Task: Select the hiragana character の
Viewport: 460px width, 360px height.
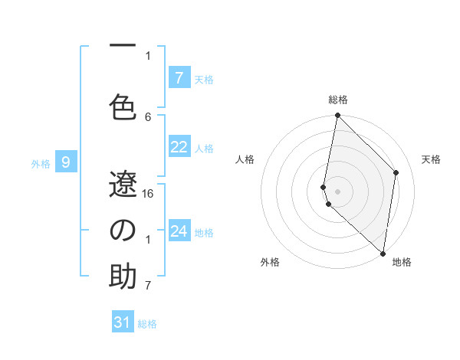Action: tap(123, 230)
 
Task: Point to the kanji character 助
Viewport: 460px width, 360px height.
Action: tap(123, 277)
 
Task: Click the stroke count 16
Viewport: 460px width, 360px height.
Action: tap(148, 193)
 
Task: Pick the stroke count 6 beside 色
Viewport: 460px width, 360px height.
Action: tap(148, 116)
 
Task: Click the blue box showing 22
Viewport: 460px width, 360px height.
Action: tap(179, 147)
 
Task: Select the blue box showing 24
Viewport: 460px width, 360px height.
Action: tap(179, 231)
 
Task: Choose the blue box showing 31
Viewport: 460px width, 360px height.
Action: tap(123, 322)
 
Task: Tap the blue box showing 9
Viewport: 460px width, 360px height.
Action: tap(67, 162)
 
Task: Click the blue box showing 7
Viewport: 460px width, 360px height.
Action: tap(179, 78)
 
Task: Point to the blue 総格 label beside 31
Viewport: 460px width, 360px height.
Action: tap(148, 324)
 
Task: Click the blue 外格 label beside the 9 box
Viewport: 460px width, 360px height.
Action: tap(41, 163)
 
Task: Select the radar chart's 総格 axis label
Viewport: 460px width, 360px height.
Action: tap(338, 100)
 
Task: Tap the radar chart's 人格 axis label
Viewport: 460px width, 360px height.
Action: tap(245, 159)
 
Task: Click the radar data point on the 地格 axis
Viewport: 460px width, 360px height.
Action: tap(383, 253)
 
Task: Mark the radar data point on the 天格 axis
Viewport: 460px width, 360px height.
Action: tap(396, 172)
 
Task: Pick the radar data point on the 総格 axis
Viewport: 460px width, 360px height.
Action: tap(338, 116)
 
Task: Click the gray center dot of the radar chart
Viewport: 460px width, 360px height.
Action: tap(338, 191)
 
